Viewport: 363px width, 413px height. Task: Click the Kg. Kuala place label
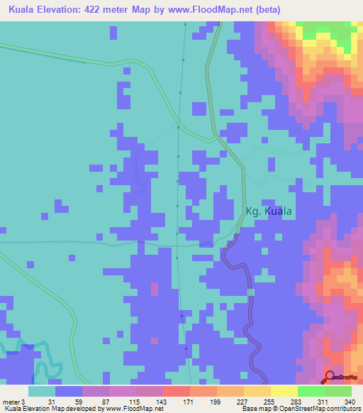(269, 211)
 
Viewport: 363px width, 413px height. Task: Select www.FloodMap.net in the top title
(214, 10)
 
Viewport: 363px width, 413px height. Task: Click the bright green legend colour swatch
(311, 391)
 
